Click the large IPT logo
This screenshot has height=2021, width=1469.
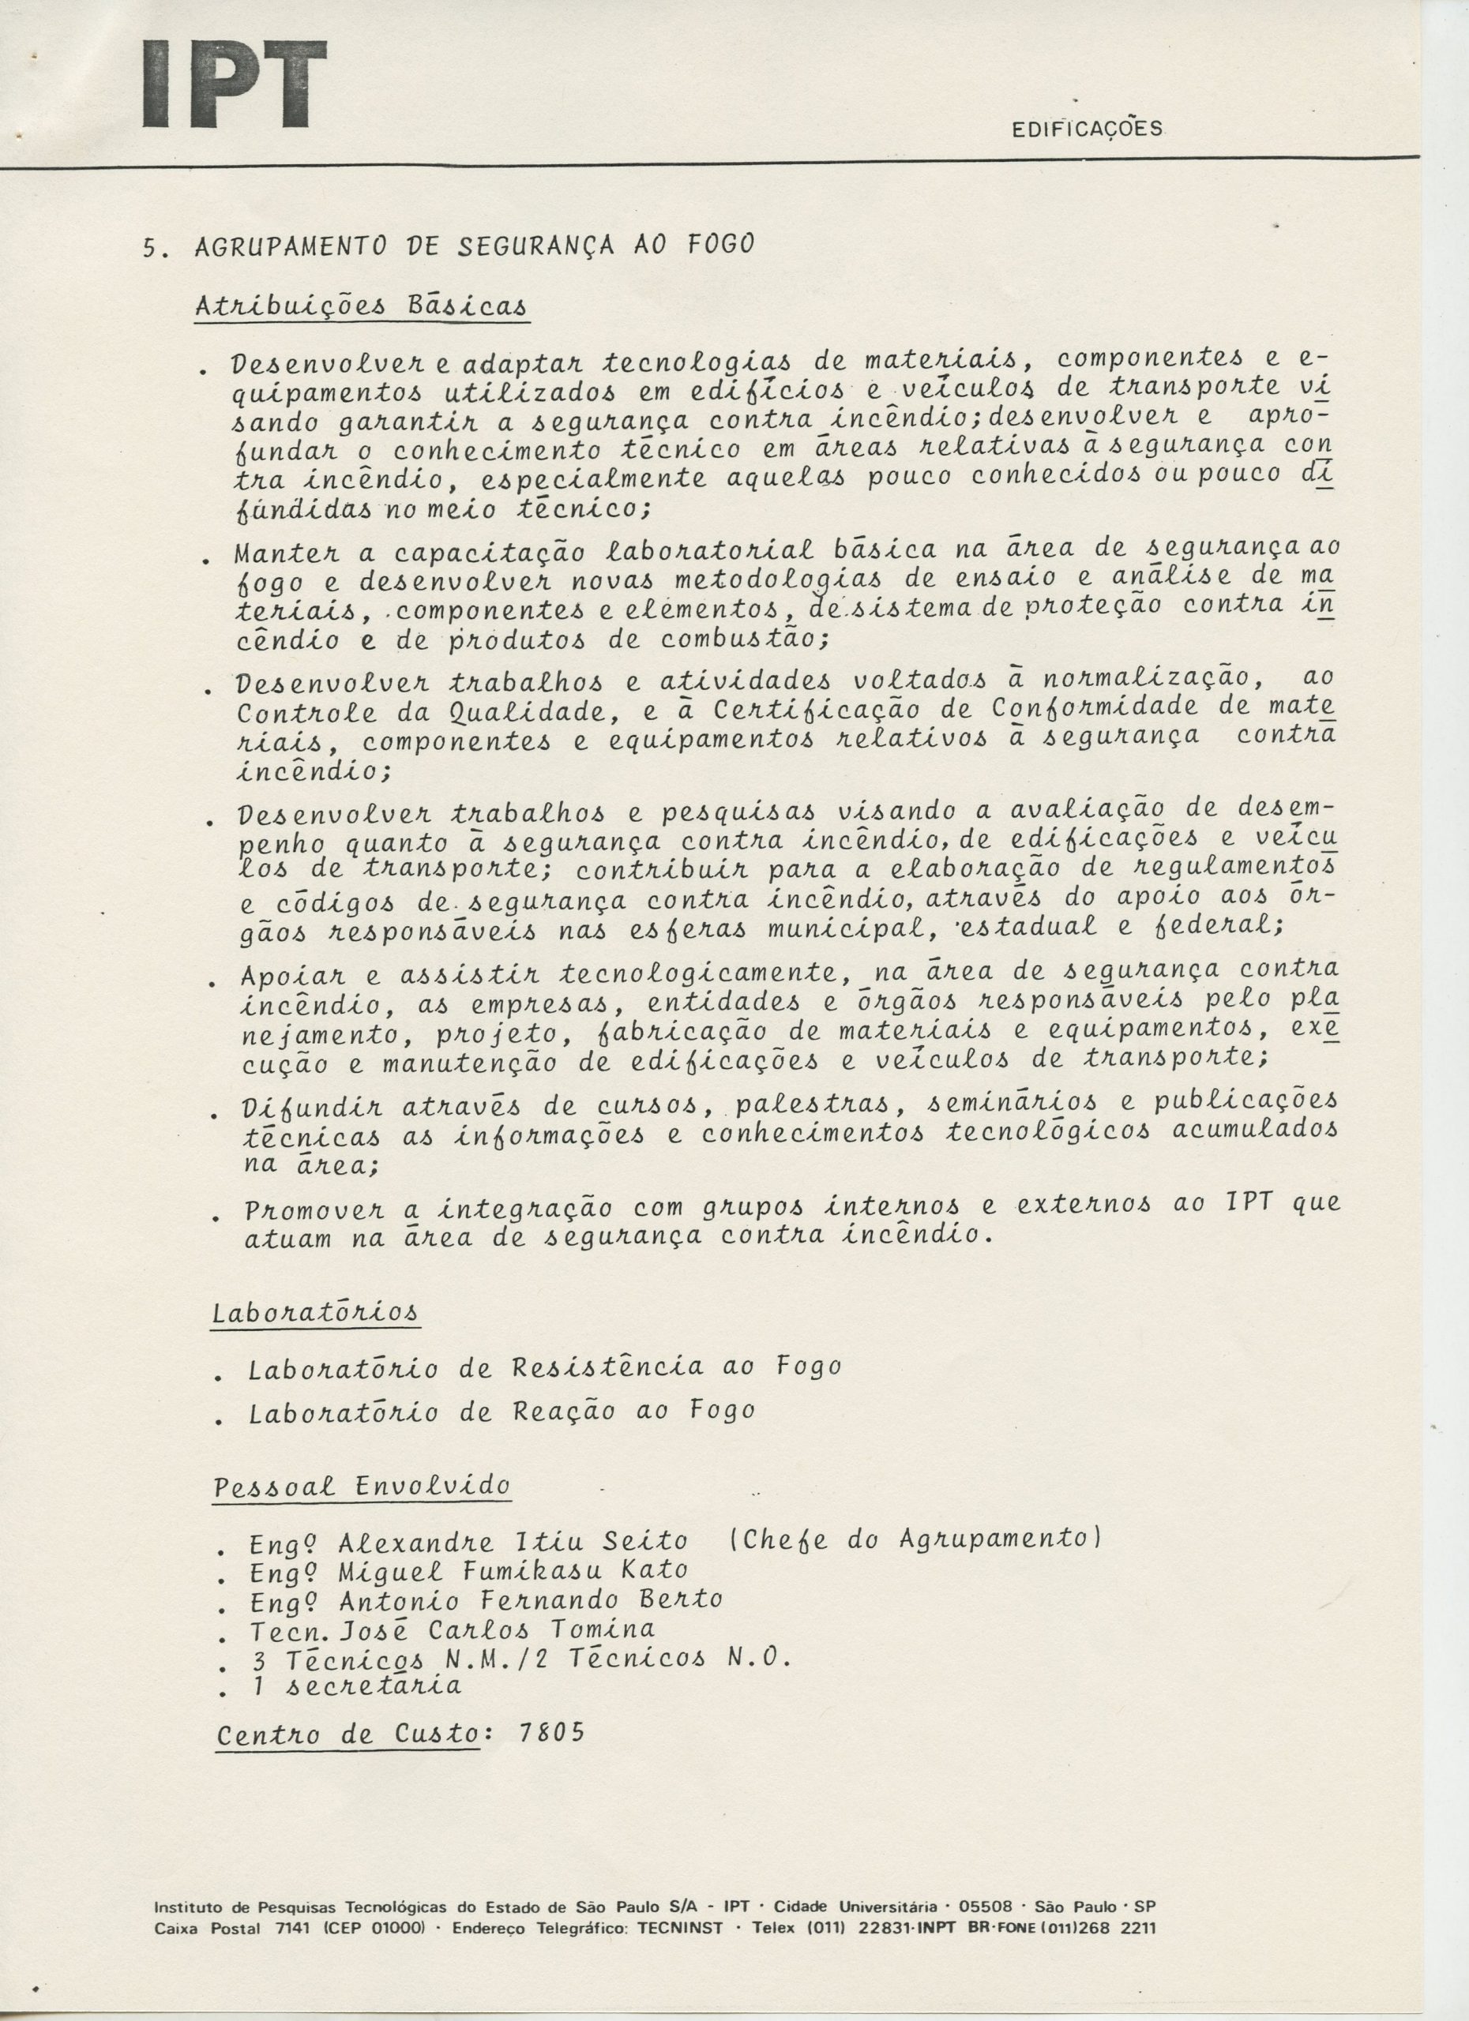(x=235, y=84)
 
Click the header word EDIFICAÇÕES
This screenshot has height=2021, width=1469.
(x=1088, y=129)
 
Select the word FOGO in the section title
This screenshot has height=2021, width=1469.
(x=720, y=244)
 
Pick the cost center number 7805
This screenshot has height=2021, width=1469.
(x=551, y=1732)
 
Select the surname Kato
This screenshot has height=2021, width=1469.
(x=652, y=1569)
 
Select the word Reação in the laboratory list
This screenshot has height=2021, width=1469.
(x=563, y=1412)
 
